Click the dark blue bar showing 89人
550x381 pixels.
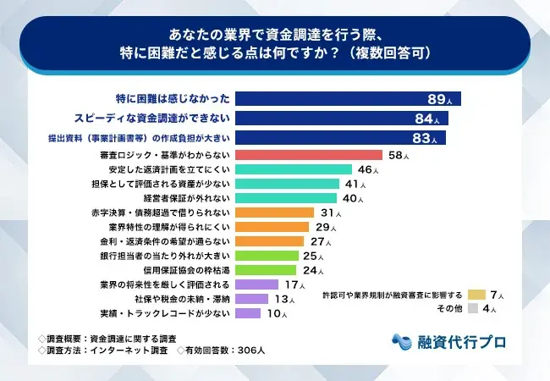347,97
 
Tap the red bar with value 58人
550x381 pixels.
308,155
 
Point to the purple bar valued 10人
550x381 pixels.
248,313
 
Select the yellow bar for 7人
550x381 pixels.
476,295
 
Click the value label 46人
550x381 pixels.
368,169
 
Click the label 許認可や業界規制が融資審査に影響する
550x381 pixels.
393,295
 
